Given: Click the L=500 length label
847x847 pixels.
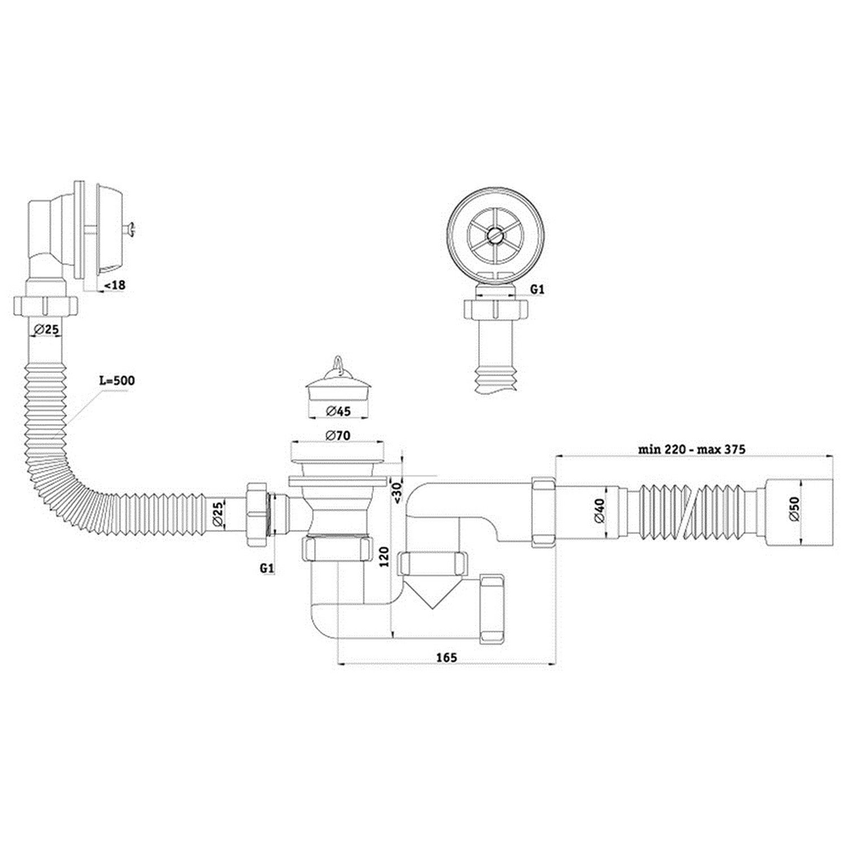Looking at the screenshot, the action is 117,381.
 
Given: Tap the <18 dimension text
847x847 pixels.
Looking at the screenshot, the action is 112,285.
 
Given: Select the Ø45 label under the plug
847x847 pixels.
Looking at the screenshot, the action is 338,411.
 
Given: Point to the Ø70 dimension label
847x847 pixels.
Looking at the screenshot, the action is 338,435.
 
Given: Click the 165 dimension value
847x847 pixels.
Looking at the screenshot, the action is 446,657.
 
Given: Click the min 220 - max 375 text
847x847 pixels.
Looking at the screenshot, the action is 692,449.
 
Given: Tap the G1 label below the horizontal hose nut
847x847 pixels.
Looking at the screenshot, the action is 267,569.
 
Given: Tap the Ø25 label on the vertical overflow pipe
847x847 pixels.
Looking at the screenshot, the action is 46,329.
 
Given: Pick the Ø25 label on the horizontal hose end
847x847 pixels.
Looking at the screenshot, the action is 218,515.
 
